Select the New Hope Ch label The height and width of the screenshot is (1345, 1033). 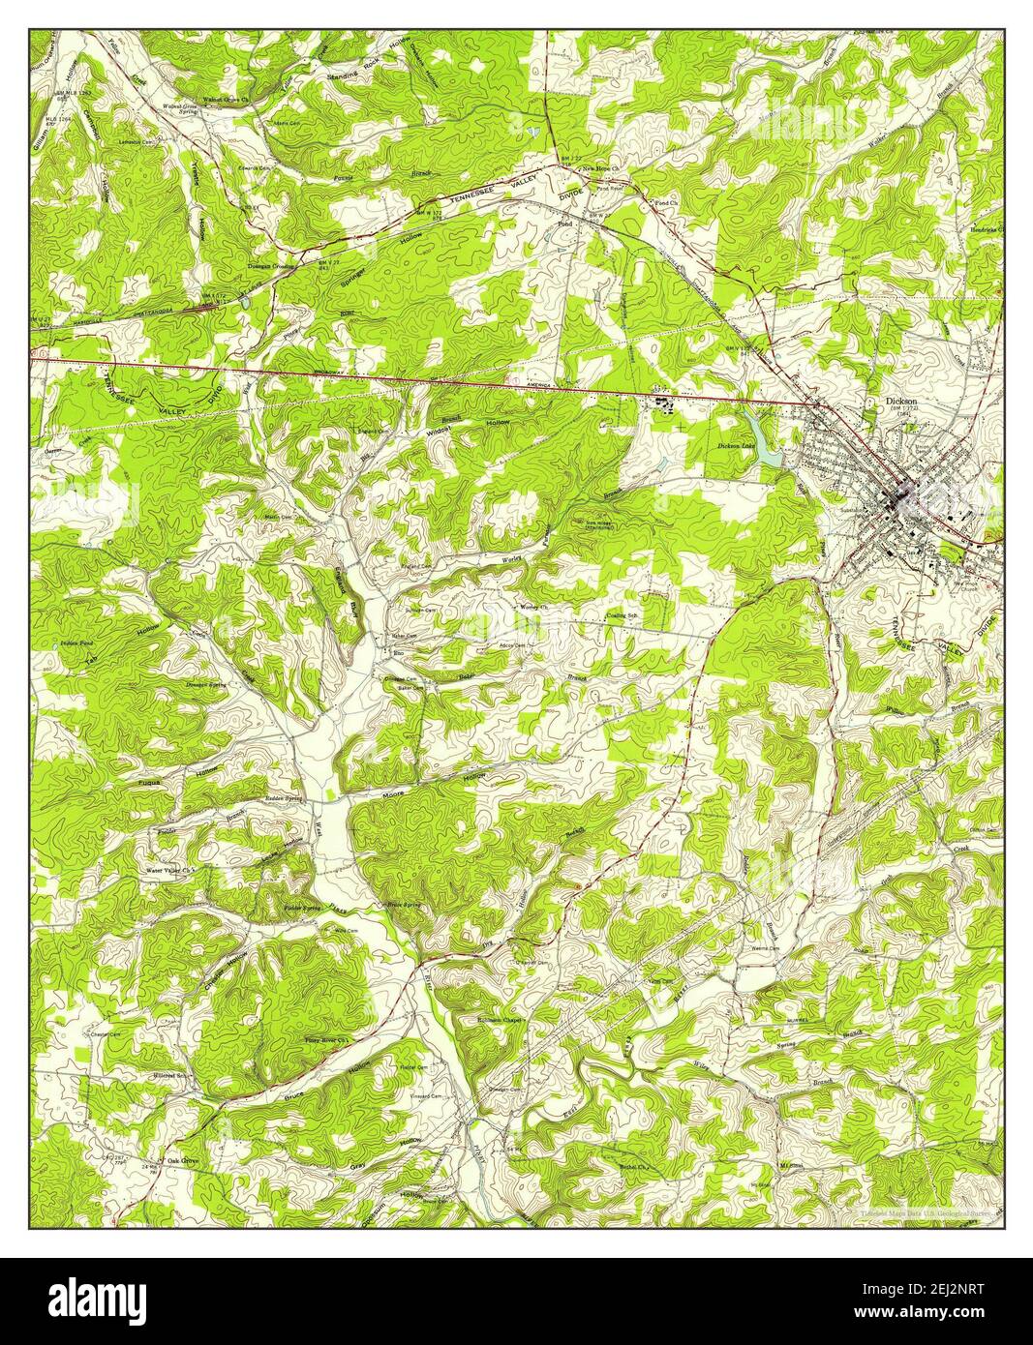(x=599, y=169)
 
